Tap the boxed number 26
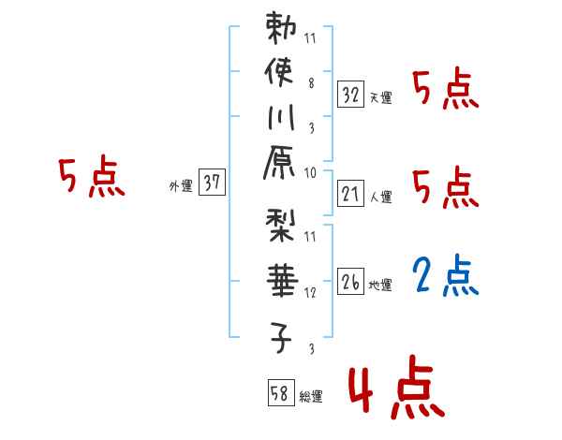[x=350, y=281]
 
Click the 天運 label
[x=380, y=97]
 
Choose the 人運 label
[x=380, y=196]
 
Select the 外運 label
[x=180, y=186]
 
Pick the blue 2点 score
[x=445, y=276]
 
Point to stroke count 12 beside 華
[x=311, y=292]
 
